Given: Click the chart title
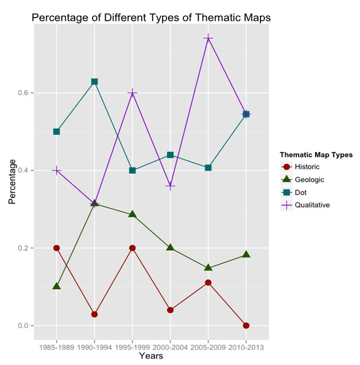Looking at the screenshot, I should point(151,17).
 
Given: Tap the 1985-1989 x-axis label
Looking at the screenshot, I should point(56,348).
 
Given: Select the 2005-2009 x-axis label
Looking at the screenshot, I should point(208,348).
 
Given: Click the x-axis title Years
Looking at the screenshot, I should point(151,356).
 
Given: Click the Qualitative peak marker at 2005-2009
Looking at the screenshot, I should point(208,38).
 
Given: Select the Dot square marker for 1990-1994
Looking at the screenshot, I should point(94,82).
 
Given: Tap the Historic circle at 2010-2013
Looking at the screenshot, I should point(246,326).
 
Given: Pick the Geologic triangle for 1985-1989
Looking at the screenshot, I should point(56,286).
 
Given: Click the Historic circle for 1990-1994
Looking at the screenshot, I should point(94,314).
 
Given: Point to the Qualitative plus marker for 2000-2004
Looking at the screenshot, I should point(170,186).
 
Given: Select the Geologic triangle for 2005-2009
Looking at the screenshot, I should point(208,268).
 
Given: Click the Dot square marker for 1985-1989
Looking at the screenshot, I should point(56,132).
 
